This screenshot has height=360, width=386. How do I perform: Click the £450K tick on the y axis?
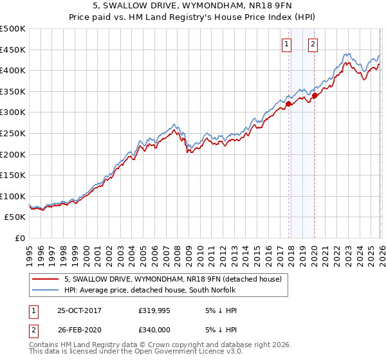[x=13, y=50]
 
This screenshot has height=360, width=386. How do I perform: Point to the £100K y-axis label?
[x=13, y=196]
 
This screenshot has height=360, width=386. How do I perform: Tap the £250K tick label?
[x=13, y=133]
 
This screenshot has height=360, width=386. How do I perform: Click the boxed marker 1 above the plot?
[x=286, y=44]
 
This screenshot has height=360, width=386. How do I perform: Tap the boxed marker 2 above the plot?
[x=313, y=44]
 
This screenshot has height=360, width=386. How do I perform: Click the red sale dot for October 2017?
[x=288, y=104]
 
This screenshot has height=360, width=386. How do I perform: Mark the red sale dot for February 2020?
[x=315, y=95]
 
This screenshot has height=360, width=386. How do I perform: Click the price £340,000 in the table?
[x=154, y=329]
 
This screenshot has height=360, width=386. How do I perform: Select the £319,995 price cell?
[x=154, y=310]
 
